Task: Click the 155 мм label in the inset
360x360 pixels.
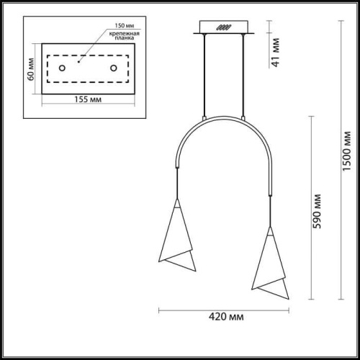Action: (x=86, y=99)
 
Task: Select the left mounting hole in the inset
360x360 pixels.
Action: (x=62, y=68)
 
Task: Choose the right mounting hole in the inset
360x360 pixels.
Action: (x=113, y=68)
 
